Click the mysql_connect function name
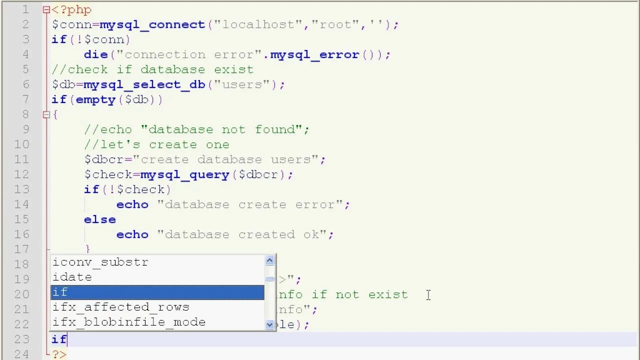click(x=152, y=24)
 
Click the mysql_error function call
click(x=314, y=54)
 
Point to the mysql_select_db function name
click(x=144, y=84)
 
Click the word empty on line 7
click(x=95, y=99)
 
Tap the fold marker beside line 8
click(x=46, y=114)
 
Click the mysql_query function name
click(x=184, y=174)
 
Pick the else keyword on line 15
click(x=100, y=219)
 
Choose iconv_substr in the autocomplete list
click(x=100, y=262)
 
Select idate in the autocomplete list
click(x=72, y=277)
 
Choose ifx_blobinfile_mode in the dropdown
click(x=129, y=322)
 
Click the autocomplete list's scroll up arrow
click(x=270, y=260)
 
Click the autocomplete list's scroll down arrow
click(x=270, y=324)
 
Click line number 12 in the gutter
click(x=21, y=174)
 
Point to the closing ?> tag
click(x=59, y=354)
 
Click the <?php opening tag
click(x=71, y=9)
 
